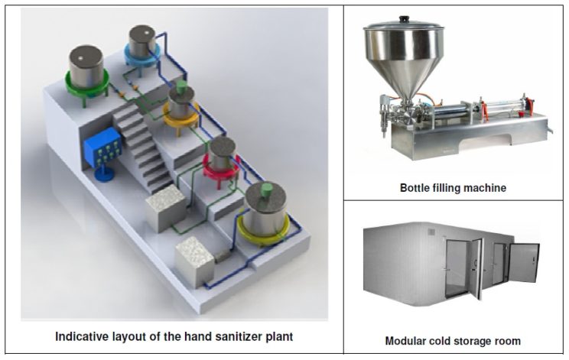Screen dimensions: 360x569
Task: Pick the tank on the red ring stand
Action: (220, 156)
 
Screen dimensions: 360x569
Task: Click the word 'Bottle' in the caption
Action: (418, 187)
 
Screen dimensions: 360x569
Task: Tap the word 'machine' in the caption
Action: (486, 187)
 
